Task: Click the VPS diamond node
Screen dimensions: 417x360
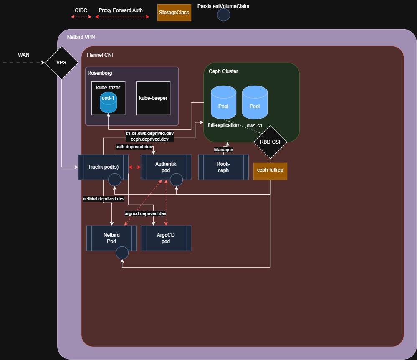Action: tap(61, 63)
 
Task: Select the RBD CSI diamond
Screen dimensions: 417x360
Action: tap(270, 142)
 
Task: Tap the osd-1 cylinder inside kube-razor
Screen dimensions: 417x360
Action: tap(108, 103)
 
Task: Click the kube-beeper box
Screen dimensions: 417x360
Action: tap(153, 98)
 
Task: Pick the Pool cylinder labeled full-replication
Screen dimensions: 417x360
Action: tap(223, 102)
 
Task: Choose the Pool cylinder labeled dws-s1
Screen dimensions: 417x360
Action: tap(255, 102)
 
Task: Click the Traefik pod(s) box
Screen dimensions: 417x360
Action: tap(104, 167)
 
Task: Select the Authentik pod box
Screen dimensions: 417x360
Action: tap(166, 167)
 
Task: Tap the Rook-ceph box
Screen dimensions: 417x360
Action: tap(223, 167)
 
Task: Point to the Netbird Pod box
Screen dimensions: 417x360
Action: tap(112, 238)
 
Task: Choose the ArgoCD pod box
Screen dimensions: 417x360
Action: tap(166, 238)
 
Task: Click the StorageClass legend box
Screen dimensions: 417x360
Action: tap(174, 13)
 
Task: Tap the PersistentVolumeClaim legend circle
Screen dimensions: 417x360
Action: tap(223, 15)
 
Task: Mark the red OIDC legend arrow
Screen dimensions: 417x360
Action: tap(81, 17)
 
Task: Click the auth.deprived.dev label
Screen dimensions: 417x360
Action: tap(134, 147)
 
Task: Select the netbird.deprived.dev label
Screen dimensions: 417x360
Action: tap(104, 199)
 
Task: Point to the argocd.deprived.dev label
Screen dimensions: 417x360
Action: tap(146, 213)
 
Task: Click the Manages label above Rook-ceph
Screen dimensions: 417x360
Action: tap(223, 150)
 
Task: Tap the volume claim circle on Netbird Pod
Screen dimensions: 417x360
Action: tap(122, 253)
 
